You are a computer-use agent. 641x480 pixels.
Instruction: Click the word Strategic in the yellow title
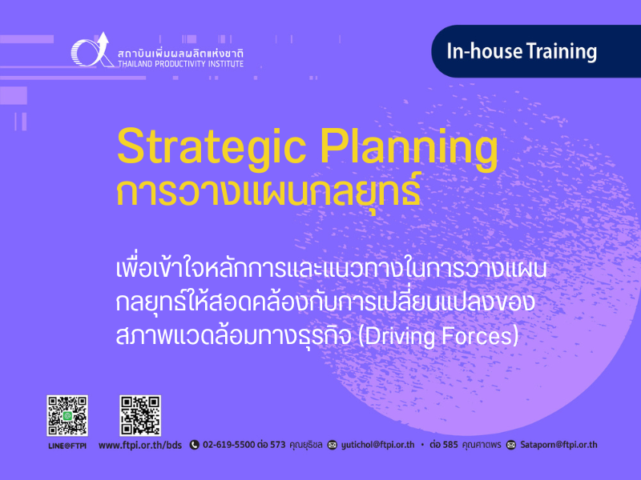212,148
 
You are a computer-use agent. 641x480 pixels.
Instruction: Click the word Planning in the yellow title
409,148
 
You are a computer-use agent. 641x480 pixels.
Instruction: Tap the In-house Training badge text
522,52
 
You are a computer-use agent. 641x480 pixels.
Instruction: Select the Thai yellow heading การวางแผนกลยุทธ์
268,192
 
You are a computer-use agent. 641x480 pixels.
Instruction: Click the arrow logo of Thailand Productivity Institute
92,50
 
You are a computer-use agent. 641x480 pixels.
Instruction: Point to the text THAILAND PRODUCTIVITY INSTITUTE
181,64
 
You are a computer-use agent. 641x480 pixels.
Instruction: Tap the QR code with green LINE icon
67,415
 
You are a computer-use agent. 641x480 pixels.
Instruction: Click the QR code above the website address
140,415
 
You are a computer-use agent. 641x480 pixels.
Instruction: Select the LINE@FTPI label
67,446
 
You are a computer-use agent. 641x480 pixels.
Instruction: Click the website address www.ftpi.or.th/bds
140,445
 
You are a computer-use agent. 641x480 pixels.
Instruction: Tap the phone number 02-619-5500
229,445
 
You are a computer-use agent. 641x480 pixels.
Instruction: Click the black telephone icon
195,445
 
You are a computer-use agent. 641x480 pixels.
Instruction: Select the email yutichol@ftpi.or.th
377,445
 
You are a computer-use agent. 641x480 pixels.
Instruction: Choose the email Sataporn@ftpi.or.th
558,445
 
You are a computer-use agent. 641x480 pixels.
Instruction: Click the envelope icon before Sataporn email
511,445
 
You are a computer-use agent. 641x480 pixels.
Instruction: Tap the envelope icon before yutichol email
333,445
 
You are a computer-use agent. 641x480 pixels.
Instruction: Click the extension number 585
450,445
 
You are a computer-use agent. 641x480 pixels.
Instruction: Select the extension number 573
278,445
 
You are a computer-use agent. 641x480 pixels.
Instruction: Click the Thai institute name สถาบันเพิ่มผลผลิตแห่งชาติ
181,54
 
